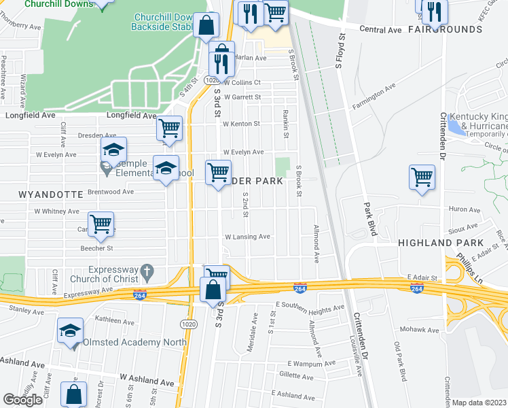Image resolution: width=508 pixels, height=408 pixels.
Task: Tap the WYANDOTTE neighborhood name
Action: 41,194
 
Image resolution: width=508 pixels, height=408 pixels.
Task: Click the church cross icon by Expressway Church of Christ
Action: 145,274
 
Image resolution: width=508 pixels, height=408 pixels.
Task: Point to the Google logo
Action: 22,399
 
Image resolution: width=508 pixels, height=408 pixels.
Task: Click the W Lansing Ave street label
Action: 247,237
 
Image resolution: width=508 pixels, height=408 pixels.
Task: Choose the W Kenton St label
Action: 242,124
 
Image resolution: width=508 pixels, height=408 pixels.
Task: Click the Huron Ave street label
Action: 465,210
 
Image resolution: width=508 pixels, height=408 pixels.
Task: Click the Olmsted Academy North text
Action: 117,342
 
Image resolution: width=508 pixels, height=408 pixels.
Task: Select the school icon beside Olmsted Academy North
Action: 70,330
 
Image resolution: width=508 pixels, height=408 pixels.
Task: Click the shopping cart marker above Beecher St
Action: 101,224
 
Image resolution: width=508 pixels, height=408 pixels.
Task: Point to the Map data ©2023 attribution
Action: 479,403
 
